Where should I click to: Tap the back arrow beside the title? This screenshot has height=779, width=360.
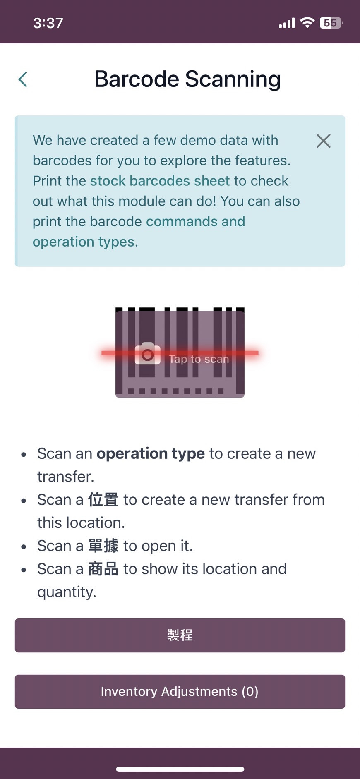pyautogui.click(x=23, y=79)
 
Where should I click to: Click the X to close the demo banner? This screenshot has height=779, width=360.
pyautogui.click(x=323, y=141)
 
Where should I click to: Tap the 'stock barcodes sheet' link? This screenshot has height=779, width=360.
pyautogui.click(x=160, y=181)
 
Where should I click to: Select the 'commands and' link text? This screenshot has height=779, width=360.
pyautogui.click(x=195, y=221)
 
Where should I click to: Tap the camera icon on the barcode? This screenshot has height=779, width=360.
pyautogui.click(x=148, y=354)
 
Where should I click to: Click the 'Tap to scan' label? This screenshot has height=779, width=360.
pyautogui.click(x=199, y=359)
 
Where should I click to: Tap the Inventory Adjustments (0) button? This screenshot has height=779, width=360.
pyautogui.click(x=180, y=691)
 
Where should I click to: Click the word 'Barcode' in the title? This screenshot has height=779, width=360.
pyautogui.click(x=137, y=79)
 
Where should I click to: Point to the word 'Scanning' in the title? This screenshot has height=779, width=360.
pyautogui.click(x=233, y=79)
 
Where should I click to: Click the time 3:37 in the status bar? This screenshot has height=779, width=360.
pyautogui.click(x=48, y=23)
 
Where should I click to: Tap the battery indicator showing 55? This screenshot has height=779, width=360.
pyautogui.click(x=331, y=23)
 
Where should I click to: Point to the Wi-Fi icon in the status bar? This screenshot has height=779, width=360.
pyautogui.click(x=307, y=23)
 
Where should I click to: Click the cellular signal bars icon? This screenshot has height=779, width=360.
pyautogui.click(x=287, y=23)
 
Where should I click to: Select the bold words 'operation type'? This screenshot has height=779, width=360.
pyautogui.click(x=151, y=453)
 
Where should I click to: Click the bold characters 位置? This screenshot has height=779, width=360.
pyautogui.click(x=103, y=500)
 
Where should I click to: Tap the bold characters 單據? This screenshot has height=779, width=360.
pyautogui.click(x=103, y=546)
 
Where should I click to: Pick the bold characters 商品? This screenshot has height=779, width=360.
pyautogui.click(x=103, y=569)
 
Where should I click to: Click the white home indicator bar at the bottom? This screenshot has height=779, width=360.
pyautogui.click(x=180, y=769)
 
